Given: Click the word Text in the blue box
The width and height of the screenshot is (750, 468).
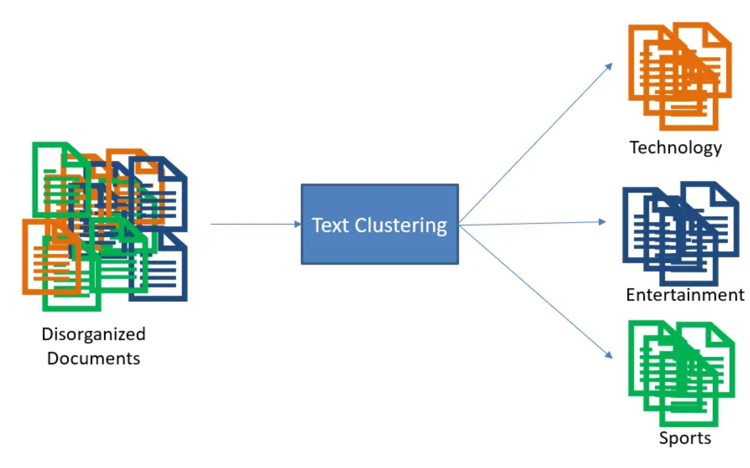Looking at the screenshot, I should coord(330,225).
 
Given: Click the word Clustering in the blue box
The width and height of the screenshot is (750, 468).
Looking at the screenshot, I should coord(401,225).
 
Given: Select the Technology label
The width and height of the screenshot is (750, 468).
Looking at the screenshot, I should coord(675,148).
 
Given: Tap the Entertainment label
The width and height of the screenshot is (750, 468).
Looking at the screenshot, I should coord(685,295).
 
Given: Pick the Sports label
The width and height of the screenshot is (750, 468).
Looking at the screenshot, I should coord(685,438).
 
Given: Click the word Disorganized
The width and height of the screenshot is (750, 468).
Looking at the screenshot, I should coord(94,334).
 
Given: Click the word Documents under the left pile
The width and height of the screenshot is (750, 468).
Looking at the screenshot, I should coord(94,358).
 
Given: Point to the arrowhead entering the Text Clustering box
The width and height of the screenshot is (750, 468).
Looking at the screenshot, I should coord(298,224).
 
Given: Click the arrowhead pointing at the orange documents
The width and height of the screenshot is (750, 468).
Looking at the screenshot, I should coord(609,66).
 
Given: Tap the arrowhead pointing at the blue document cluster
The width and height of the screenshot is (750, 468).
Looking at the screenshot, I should coord(602,222).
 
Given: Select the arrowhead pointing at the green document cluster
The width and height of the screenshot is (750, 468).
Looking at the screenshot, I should coord(609,354).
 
